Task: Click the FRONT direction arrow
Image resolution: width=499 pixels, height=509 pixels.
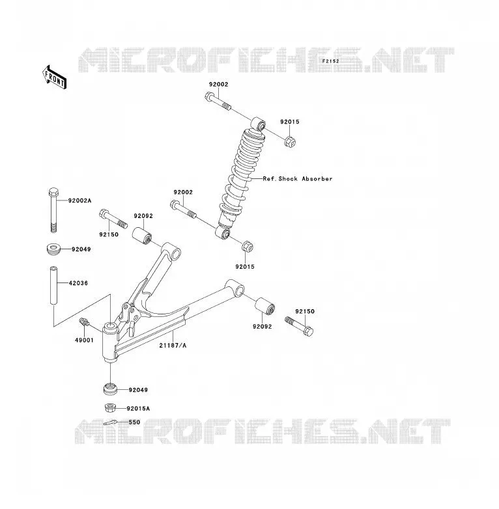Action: pos(55,77)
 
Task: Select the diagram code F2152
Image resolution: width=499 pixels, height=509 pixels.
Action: pos(330,61)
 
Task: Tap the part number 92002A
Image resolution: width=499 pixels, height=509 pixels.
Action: pos(79,200)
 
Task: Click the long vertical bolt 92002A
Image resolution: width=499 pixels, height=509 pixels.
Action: pos(53,210)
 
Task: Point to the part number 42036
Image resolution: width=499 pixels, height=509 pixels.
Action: pos(78,283)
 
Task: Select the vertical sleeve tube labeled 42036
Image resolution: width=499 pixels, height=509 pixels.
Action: pos(53,285)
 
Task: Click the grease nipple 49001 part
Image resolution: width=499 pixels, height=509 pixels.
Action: pos(84,322)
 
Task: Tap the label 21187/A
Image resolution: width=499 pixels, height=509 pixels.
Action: pos(173,346)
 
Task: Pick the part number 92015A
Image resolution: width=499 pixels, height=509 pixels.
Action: pos(138,408)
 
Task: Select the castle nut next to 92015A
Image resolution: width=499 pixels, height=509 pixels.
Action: pos(111,407)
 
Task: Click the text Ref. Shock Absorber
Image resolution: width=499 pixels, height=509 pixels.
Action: pos(298,178)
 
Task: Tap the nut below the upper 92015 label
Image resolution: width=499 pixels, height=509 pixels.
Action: pos(290,141)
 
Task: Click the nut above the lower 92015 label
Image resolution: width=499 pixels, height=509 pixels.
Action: pos(248,246)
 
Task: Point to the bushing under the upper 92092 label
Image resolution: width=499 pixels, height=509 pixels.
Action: pos(142,236)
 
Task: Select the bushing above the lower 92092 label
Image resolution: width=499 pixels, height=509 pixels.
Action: pos(264,306)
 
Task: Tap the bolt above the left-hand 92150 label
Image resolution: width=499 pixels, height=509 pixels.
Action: pos(113,219)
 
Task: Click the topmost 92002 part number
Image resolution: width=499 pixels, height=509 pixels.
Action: pos(219,85)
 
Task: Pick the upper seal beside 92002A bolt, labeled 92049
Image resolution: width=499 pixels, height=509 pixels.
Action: pos(53,249)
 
